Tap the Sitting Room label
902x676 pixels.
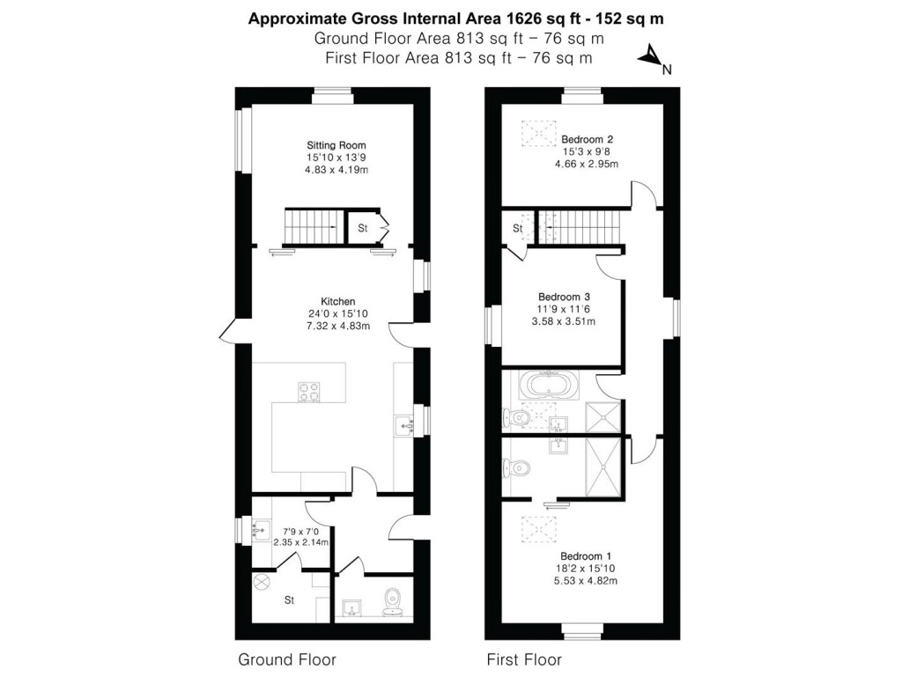pyautogui.click(x=336, y=145)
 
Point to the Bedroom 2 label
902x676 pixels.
pyautogui.click(x=587, y=139)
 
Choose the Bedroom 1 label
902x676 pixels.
pyautogui.click(x=586, y=556)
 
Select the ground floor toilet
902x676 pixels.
pyautogui.click(x=393, y=599)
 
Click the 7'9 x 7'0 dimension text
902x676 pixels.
pyautogui.click(x=300, y=531)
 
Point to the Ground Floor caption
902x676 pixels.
pyautogui.click(x=287, y=658)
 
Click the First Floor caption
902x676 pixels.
pyautogui.click(x=524, y=658)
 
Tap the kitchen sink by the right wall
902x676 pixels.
pyautogui.click(x=406, y=425)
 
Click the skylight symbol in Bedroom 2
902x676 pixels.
pyautogui.click(x=533, y=133)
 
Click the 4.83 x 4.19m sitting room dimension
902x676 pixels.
pyautogui.click(x=336, y=170)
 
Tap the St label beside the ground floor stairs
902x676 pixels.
pyautogui.click(x=362, y=228)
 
